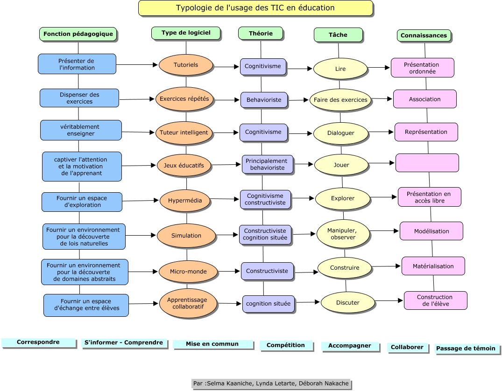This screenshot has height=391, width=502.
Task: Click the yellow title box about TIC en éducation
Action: click(255, 8)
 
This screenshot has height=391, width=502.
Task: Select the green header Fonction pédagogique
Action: click(78, 34)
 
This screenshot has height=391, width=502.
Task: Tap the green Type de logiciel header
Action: click(186, 33)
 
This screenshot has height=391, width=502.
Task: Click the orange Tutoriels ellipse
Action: click(186, 65)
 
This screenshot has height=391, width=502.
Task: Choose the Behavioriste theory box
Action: click(264, 100)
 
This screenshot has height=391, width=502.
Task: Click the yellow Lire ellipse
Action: click(340, 69)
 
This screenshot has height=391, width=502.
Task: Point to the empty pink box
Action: click(427, 163)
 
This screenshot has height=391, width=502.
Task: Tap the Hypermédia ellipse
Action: click(185, 201)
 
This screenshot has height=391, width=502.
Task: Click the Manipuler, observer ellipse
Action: click(343, 234)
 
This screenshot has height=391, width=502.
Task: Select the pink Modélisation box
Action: click(431, 231)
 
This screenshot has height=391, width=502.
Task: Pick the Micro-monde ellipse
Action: click(188, 271)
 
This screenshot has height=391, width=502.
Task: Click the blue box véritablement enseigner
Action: click(81, 130)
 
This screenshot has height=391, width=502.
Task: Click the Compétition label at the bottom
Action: click(285, 345)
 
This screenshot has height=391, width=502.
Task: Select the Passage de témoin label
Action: click(467, 349)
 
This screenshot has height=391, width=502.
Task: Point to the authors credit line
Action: click(271, 384)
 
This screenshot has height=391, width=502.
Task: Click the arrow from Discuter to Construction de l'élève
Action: click(389, 301)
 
